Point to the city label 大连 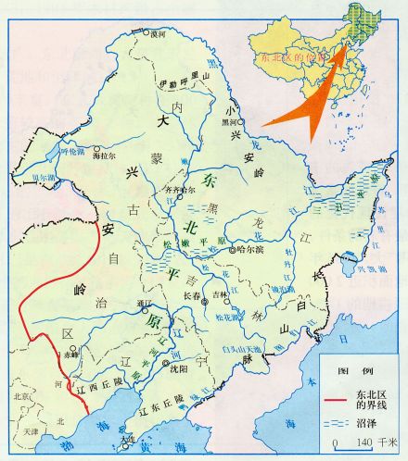[x=126, y=439]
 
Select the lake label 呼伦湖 [x=48, y=150]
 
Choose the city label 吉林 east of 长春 [x=220, y=295]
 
